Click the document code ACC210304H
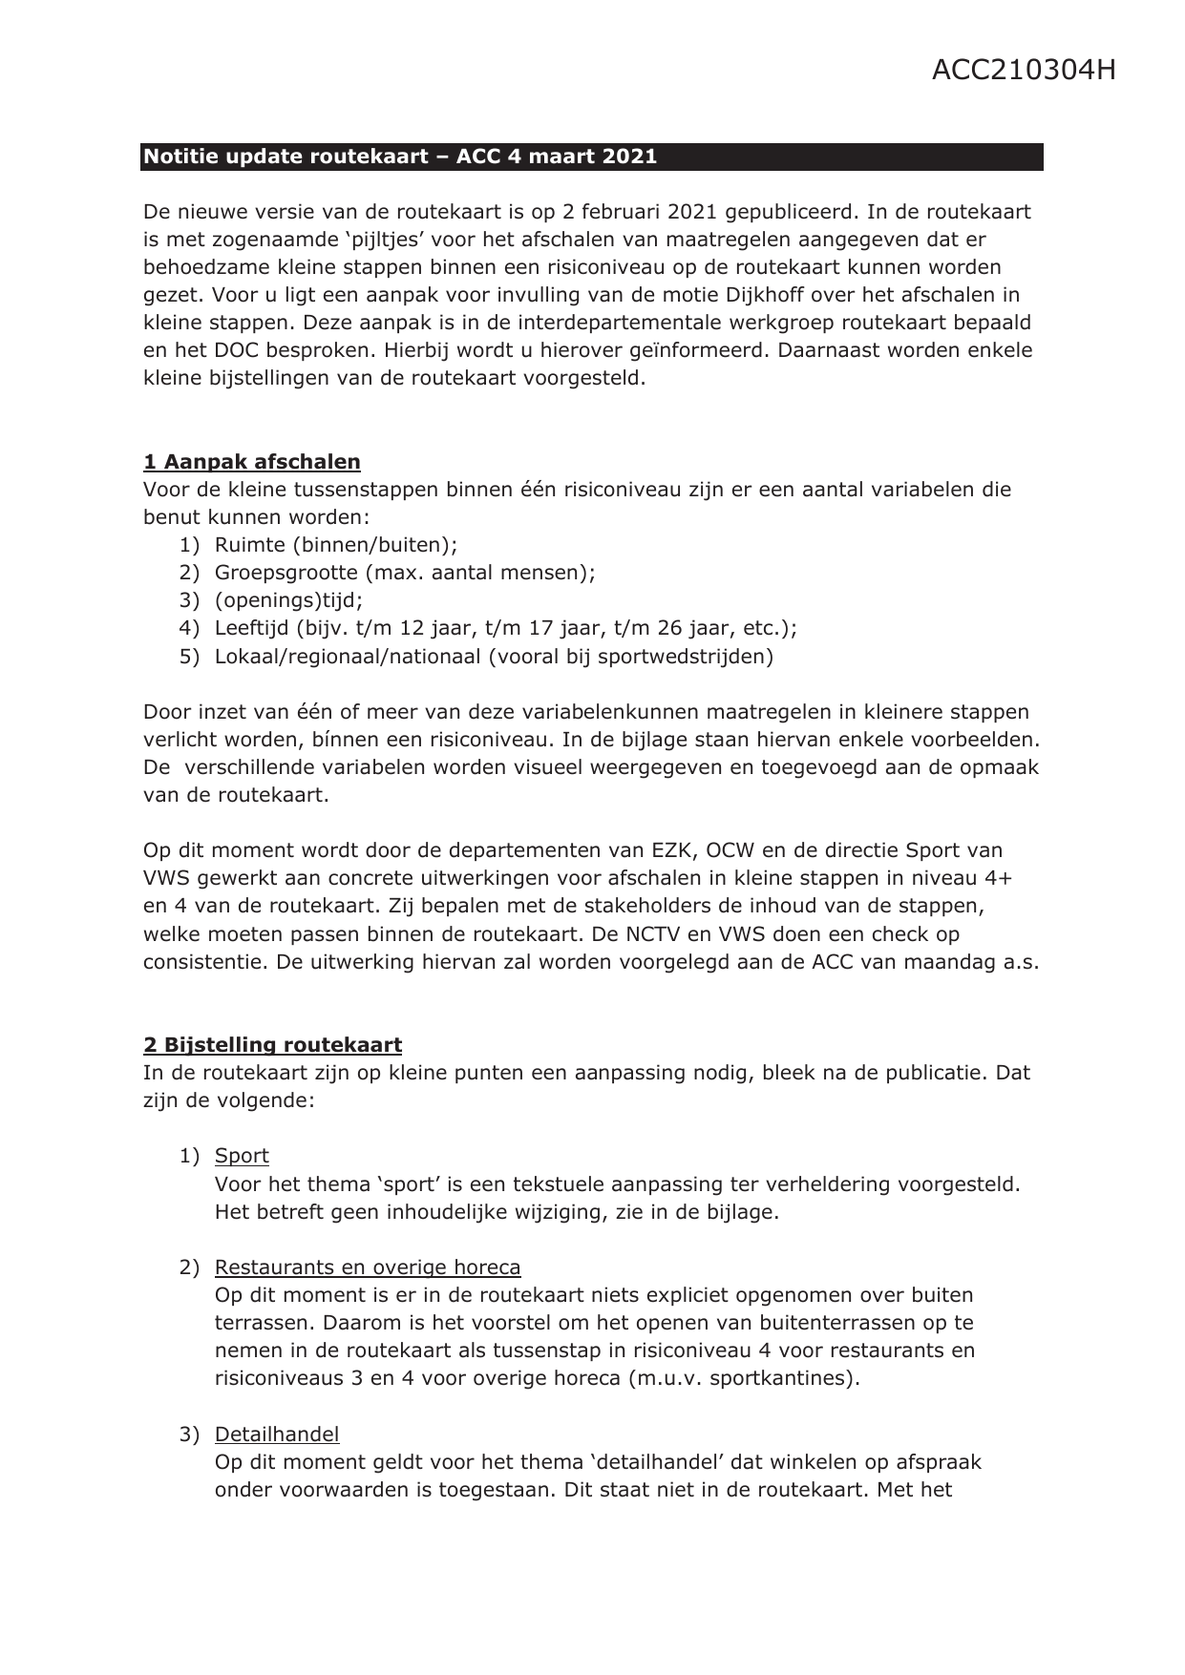pos(1024,71)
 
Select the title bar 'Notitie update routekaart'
pos(399,157)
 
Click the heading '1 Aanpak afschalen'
pos(252,462)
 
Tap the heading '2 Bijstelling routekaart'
pos(272,1045)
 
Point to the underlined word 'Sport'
pos(242,1156)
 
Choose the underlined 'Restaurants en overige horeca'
pos(368,1267)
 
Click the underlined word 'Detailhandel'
pos(277,1434)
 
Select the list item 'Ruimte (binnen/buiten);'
pos(336,545)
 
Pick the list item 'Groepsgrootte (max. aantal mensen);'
pos(405,573)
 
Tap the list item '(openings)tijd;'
pos(288,600)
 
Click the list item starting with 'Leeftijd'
pos(506,628)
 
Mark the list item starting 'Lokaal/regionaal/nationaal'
pos(494,656)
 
